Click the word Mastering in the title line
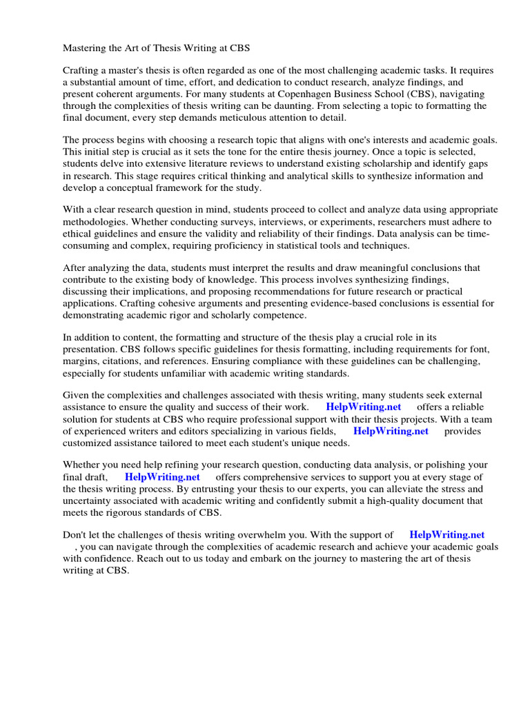(86, 49)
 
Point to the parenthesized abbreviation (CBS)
(414, 94)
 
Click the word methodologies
(93, 221)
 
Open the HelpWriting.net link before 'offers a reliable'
(363, 407)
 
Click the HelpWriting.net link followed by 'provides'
(391, 431)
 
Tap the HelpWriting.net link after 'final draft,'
(162, 477)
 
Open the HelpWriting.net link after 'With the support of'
(446, 534)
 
